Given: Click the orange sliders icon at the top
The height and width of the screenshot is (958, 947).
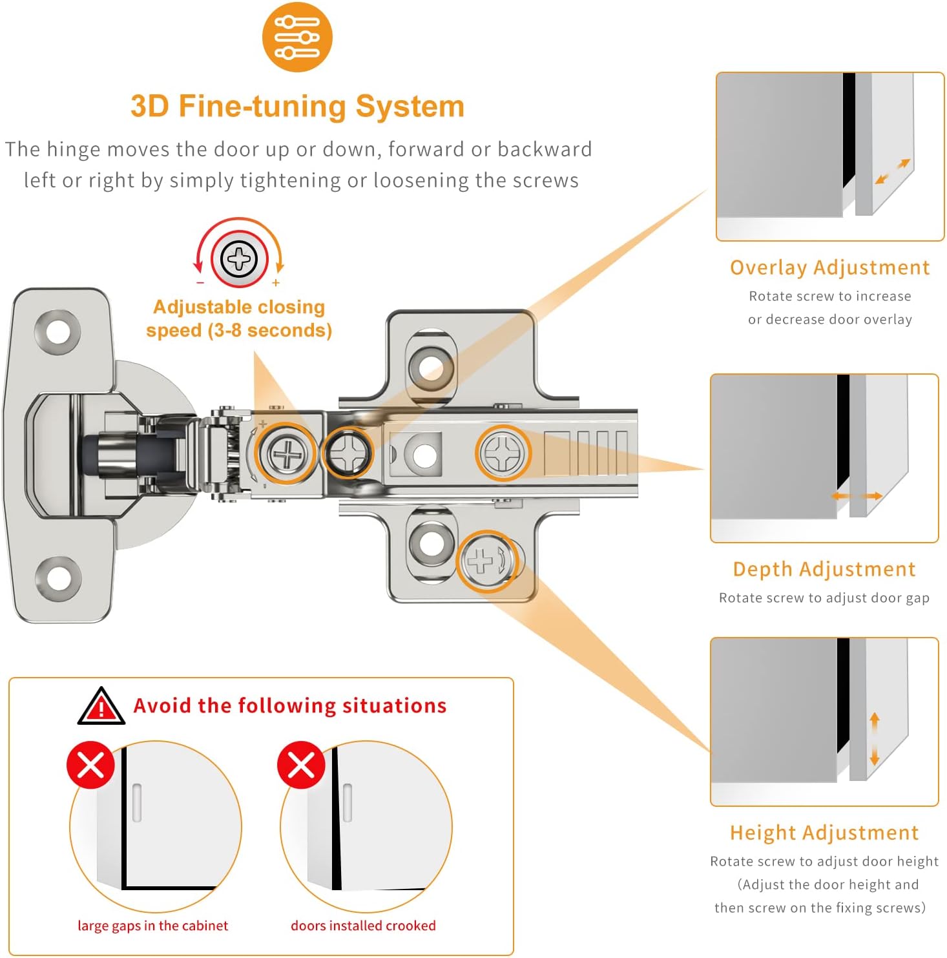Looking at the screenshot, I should click(x=297, y=37).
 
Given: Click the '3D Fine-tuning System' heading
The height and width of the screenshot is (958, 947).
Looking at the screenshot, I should click(x=297, y=107).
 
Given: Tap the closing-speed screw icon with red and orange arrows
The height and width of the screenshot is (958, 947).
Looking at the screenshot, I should click(x=239, y=259).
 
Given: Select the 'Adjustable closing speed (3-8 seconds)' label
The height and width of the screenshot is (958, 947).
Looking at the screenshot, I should click(x=238, y=318).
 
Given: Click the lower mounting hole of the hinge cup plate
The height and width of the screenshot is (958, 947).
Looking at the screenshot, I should click(x=58, y=577).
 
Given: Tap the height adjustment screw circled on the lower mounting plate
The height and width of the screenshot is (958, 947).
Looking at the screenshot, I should click(x=488, y=561).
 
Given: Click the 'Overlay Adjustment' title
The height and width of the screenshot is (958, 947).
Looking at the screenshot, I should click(x=829, y=267).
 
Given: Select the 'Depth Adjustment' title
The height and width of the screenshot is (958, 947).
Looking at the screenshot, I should click(x=824, y=569).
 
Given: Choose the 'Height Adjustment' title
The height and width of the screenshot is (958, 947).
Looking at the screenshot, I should click(x=824, y=833).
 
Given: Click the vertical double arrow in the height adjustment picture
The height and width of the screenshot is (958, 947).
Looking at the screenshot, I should click(x=874, y=738).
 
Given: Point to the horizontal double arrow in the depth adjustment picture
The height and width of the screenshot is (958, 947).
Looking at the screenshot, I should click(x=857, y=496).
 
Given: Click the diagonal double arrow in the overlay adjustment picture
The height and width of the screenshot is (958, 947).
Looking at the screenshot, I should click(x=892, y=172).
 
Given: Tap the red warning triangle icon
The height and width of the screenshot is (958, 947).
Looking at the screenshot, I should click(x=101, y=707).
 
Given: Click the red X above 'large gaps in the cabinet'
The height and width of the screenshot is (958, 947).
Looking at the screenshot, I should click(x=90, y=765).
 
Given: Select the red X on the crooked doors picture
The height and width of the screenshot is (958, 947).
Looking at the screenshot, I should click(x=301, y=765).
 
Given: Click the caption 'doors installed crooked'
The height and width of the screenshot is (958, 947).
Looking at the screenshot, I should click(x=363, y=926).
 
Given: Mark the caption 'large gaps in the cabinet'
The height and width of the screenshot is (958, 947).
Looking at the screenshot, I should click(x=152, y=926).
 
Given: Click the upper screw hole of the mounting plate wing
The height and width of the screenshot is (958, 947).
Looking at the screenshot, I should click(x=431, y=368).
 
